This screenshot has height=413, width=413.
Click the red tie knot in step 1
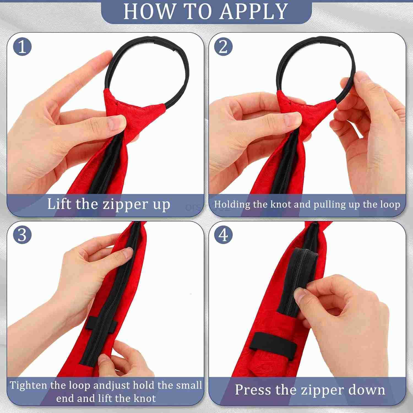pyautogui.click(x=135, y=110)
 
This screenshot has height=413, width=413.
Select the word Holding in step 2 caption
pyautogui.click(x=232, y=205)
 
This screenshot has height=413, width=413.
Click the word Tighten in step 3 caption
pyautogui.click(x=29, y=385)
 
